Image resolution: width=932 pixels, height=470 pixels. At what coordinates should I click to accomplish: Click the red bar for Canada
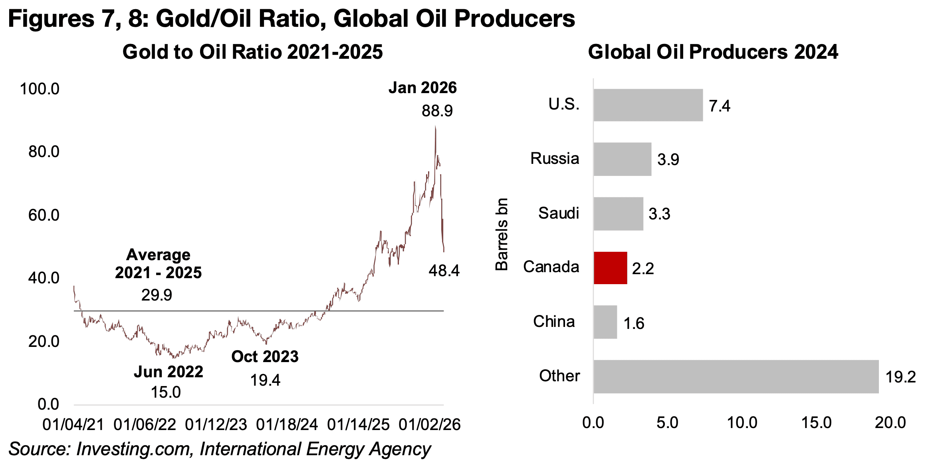(610, 268)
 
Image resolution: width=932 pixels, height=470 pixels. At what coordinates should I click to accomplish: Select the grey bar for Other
(736, 376)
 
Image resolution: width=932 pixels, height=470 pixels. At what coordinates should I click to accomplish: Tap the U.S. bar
(648, 105)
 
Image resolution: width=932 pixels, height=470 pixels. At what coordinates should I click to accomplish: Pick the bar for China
(605, 322)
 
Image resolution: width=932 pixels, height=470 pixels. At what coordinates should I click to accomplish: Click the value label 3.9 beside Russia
(668, 159)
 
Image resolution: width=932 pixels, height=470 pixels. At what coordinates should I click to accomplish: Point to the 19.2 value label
(900, 377)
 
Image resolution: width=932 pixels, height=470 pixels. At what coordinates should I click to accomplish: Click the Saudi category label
(558, 213)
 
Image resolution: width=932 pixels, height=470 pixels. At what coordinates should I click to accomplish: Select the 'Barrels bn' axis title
(502, 234)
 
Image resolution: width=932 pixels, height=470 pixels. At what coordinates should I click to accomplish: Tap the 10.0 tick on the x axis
(742, 422)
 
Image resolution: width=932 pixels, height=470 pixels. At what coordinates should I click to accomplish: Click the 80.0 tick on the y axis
(44, 152)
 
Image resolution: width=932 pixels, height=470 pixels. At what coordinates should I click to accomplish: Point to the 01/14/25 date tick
(358, 424)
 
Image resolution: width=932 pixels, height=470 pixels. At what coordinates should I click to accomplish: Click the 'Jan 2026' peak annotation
(422, 88)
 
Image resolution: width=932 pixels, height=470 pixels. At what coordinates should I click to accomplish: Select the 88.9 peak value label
(437, 111)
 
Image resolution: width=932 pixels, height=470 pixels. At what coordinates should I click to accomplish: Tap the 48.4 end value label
(444, 271)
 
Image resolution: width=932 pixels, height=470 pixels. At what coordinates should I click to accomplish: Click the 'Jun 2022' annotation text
(169, 372)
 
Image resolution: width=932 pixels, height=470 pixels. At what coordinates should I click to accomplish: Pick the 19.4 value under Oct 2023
(265, 380)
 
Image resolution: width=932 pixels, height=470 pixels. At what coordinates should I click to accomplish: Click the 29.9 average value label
(157, 295)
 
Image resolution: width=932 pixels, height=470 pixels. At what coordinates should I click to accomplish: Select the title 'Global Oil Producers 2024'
(713, 52)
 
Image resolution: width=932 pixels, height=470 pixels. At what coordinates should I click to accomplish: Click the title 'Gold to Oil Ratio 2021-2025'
(252, 52)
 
